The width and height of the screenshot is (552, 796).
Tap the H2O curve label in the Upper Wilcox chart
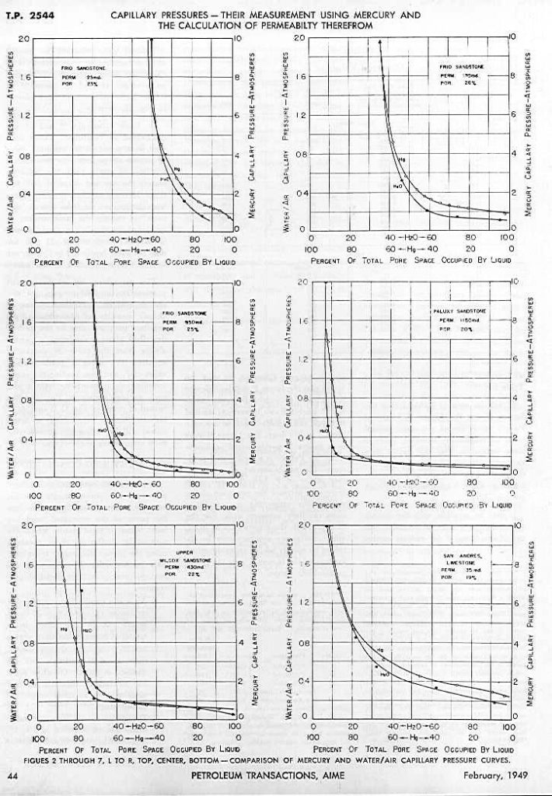(87, 631)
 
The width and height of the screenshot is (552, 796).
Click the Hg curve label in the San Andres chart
(379, 650)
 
